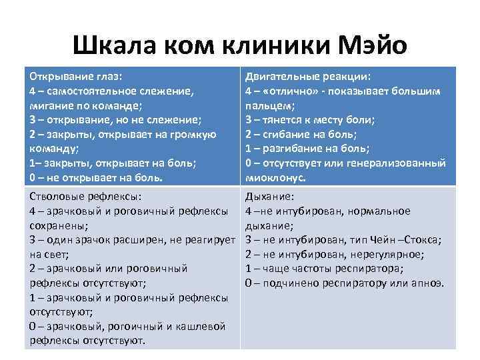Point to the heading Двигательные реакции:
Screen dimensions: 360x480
pos(308,76)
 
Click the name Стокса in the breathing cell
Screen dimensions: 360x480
pos(426,239)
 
